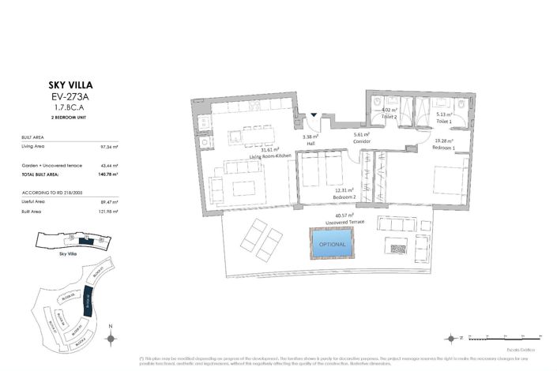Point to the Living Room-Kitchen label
click(x=271, y=156)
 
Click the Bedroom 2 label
click(x=345, y=195)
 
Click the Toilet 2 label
click(x=388, y=116)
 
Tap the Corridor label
click(x=362, y=141)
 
